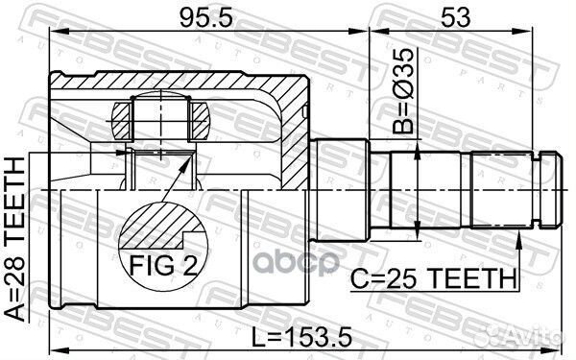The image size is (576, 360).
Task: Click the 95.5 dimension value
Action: [x=204, y=17]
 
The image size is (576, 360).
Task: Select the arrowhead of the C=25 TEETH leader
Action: [x=519, y=230]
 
